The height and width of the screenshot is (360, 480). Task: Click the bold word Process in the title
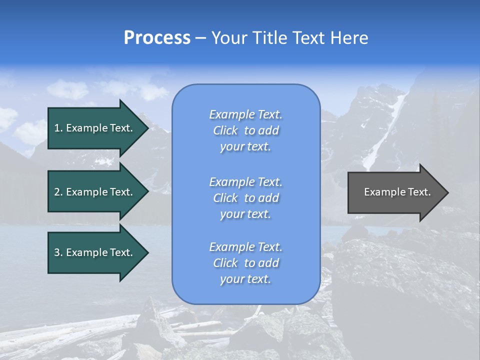(x=157, y=38)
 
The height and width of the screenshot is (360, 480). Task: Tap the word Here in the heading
(x=348, y=38)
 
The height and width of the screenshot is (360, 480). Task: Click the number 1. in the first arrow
(x=58, y=128)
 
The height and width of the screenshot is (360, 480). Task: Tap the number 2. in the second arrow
(x=58, y=192)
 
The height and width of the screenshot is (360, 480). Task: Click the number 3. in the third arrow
(x=58, y=252)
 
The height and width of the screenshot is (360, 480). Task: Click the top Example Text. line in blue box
(x=245, y=114)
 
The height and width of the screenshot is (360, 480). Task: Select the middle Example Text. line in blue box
(x=245, y=182)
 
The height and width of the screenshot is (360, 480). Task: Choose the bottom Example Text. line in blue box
(x=245, y=247)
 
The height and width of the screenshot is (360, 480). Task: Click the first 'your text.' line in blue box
(x=245, y=147)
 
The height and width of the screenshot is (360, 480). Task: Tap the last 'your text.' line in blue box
(x=245, y=279)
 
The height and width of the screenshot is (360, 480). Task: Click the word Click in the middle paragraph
(x=225, y=198)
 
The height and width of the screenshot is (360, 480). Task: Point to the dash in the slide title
(x=200, y=38)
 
